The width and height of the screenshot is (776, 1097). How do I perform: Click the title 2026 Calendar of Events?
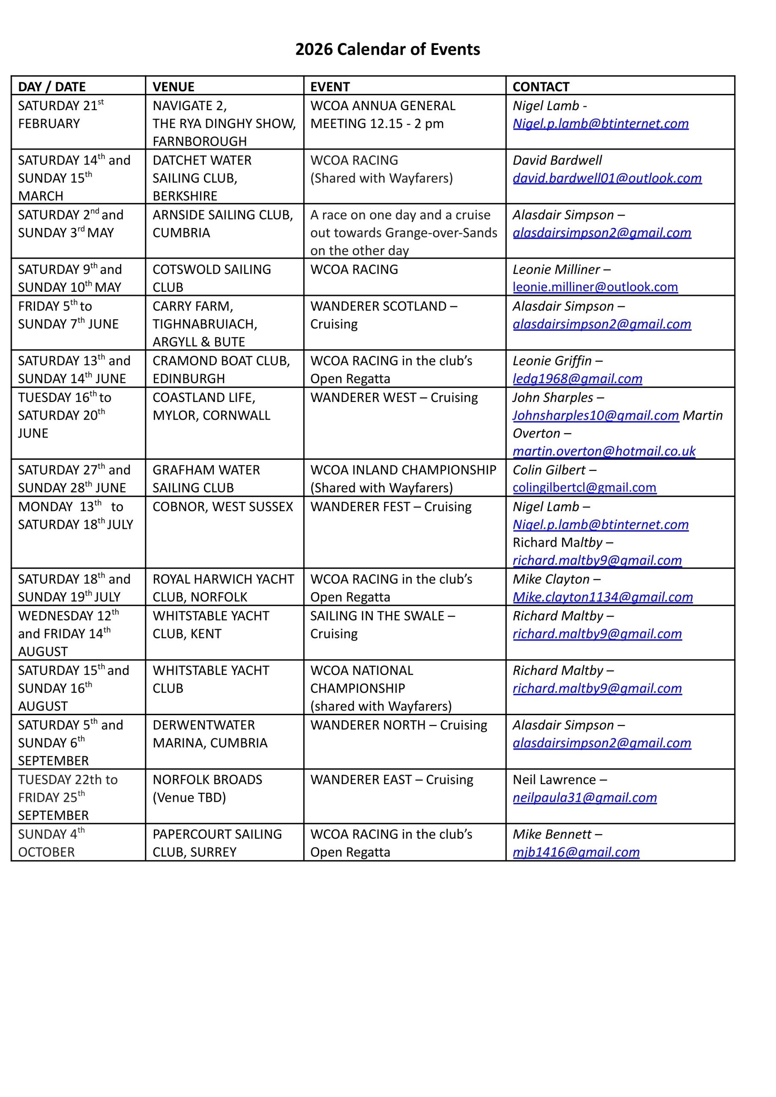click(x=387, y=50)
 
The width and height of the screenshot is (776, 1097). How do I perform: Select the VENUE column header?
click(x=174, y=87)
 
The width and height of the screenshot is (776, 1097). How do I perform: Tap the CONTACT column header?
click(x=541, y=87)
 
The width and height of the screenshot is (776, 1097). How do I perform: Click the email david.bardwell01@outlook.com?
click(x=607, y=178)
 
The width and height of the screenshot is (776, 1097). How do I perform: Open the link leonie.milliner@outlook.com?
click(x=595, y=287)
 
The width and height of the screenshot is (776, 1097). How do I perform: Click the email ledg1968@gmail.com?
click(x=577, y=378)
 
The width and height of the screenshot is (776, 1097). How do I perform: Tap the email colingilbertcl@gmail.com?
click(x=584, y=487)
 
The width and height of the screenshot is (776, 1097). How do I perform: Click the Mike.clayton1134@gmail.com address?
click(x=602, y=597)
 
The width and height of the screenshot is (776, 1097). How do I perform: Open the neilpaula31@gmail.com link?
click(x=584, y=797)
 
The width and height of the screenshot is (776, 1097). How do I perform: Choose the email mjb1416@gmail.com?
click(x=576, y=852)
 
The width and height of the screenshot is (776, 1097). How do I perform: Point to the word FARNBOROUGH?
click(x=200, y=141)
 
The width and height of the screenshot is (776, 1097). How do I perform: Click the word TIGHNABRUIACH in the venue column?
click(x=205, y=324)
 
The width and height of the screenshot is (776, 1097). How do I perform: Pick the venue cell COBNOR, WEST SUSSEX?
click(x=223, y=507)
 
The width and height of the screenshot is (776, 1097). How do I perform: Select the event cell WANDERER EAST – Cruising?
click(x=391, y=780)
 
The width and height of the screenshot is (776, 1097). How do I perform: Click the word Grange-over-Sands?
click(x=441, y=233)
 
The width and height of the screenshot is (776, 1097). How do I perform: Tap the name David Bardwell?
click(x=557, y=160)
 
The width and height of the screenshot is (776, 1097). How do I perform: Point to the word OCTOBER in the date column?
click(x=46, y=852)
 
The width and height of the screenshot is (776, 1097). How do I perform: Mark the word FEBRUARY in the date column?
click(x=49, y=124)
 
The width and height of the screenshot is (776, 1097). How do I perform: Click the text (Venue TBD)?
click(x=189, y=797)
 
